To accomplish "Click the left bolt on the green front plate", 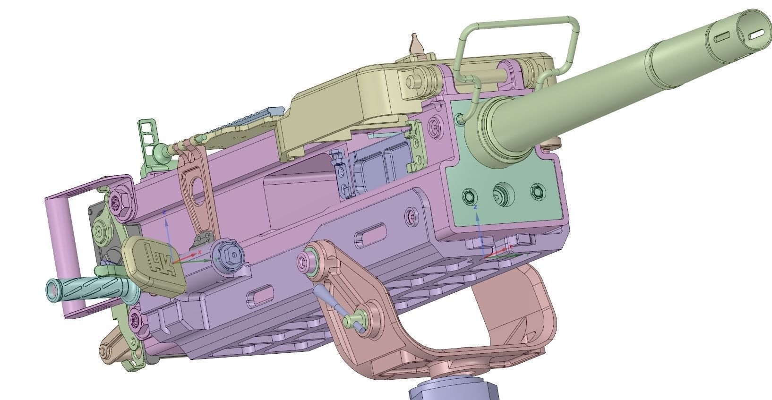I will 470,196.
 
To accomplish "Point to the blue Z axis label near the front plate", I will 476,207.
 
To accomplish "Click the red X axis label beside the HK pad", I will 200,253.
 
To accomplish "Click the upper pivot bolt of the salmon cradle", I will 310,259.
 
